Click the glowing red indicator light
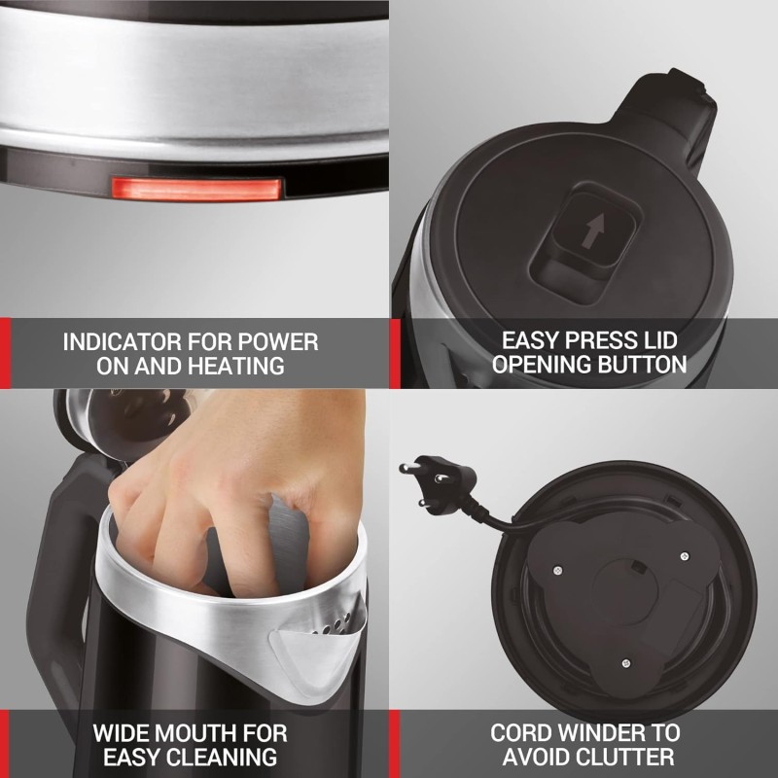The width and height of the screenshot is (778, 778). pyautogui.click(x=197, y=188)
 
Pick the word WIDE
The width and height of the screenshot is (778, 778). pyautogui.click(x=123, y=732)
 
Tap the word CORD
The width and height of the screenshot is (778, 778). pyautogui.click(x=523, y=732)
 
